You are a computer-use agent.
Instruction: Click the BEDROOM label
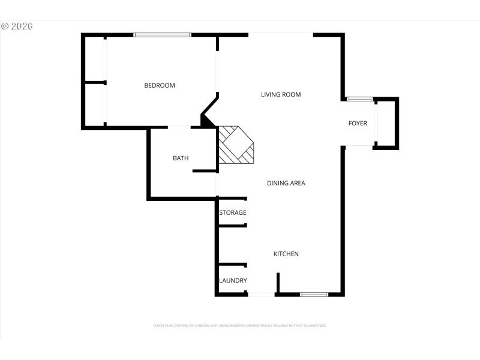tap(160, 86)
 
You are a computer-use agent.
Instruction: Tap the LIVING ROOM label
tap(281, 95)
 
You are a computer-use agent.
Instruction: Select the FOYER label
tap(358, 124)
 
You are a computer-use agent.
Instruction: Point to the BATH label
tap(181, 158)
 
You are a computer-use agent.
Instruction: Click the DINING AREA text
tap(286, 183)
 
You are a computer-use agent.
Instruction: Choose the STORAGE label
tap(232, 213)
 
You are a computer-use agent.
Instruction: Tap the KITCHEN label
tap(286, 254)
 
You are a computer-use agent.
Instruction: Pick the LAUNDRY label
tap(233, 281)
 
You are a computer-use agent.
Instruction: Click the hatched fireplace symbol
tap(235, 145)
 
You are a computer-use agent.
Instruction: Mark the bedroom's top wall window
tap(162, 35)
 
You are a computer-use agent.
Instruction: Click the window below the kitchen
tap(314, 294)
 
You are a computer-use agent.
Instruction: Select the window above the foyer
tap(360, 99)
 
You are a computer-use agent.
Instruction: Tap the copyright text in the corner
tap(16, 26)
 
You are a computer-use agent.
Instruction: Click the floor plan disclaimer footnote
tap(240, 325)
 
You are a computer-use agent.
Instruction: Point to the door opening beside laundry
tap(262, 294)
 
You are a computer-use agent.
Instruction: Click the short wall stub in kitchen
tap(278, 283)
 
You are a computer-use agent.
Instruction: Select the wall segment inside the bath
tap(205, 171)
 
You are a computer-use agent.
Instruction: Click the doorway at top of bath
tap(179, 127)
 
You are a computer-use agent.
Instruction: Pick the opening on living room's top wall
tap(280, 34)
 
